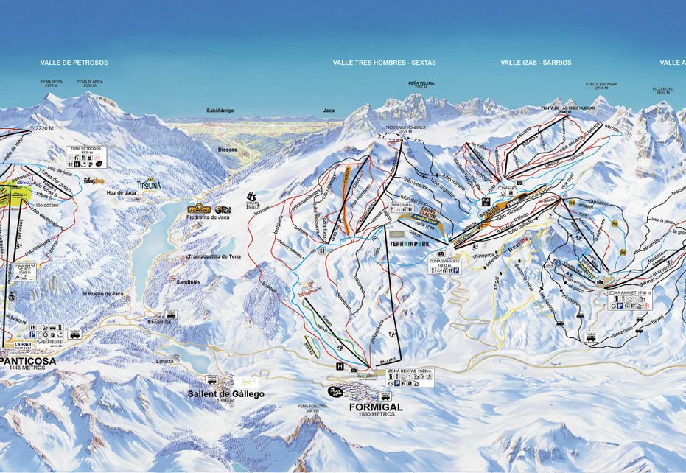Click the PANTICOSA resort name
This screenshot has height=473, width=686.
(27, 360)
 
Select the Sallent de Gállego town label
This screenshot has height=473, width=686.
(225, 394)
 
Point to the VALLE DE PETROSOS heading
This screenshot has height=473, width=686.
(74, 63)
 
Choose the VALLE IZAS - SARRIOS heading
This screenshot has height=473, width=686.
(536, 63)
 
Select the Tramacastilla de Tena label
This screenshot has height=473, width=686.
(214, 256)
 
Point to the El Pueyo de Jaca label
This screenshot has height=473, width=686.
(102, 293)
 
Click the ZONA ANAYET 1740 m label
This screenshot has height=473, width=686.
(631, 292)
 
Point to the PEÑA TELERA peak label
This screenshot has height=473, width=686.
(421, 84)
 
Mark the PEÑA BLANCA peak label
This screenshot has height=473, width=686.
(90, 83)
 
